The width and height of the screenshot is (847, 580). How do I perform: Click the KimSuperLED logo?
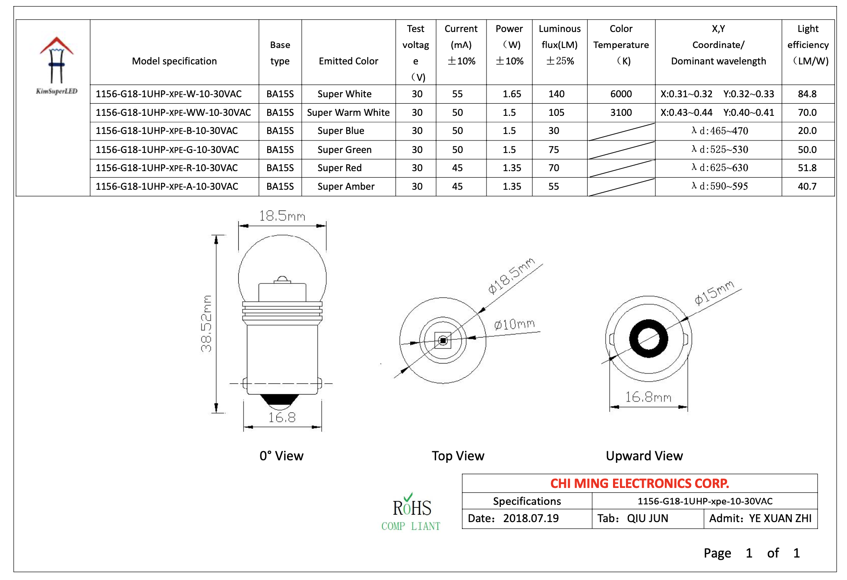[x=56, y=65]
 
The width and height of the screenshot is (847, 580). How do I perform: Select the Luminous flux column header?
[x=559, y=45]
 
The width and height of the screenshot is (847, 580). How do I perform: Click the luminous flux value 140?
[x=556, y=94]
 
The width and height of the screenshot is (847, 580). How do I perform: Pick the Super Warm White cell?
[x=348, y=112]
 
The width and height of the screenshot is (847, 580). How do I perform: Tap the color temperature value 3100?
[x=620, y=112]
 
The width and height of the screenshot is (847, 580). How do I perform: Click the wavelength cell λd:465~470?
[x=719, y=131]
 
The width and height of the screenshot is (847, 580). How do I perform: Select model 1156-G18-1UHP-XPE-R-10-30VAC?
[x=167, y=168]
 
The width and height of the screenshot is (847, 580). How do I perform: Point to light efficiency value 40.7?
[x=806, y=186]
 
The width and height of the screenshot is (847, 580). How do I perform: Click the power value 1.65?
[x=511, y=94]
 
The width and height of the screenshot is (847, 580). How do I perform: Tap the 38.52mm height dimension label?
[x=206, y=323]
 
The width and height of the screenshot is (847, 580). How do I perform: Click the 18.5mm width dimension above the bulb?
[x=282, y=216]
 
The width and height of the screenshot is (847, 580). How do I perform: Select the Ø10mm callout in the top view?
[x=514, y=324]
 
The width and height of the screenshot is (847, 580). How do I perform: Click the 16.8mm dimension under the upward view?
[x=648, y=397]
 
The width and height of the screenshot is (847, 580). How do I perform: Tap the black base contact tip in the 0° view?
[x=280, y=401]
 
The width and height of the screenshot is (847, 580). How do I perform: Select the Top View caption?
[x=458, y=456]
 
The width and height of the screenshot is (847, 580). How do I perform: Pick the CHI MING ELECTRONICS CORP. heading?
[x=639, y=483]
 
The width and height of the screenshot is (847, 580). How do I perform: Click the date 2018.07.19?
[x=531, y=518]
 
